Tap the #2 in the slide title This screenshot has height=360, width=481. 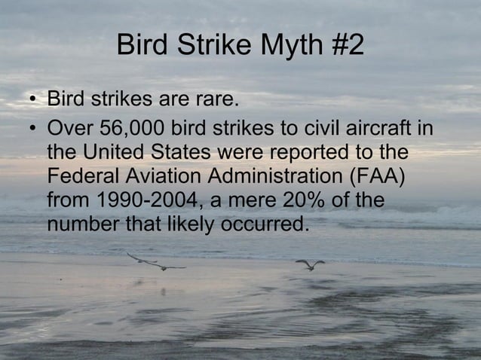[x=345, y=46]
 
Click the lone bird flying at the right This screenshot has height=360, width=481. [x=309, y=264]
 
